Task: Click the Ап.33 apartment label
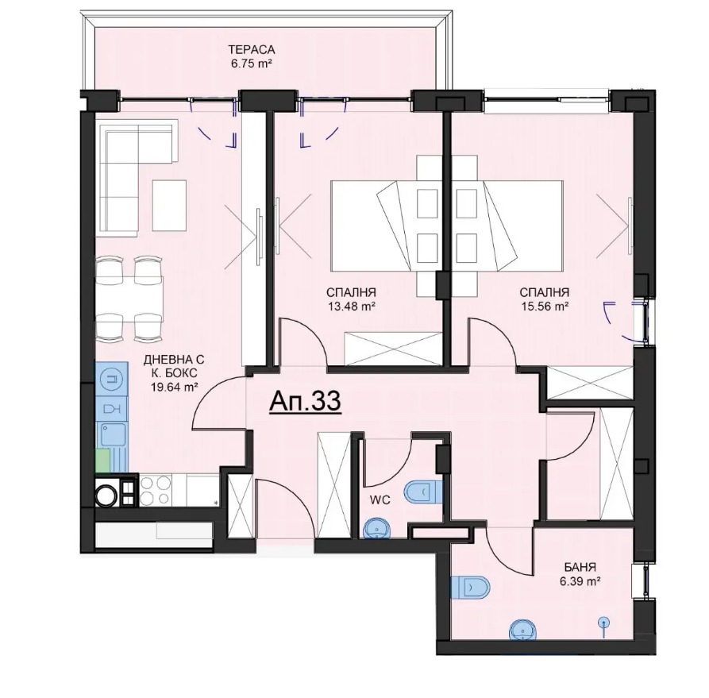coord(305,401)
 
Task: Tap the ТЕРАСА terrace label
coord(252,49)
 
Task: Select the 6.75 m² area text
coord(252,64)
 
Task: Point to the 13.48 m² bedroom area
coord(353,307)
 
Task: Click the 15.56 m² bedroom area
coord(545,307)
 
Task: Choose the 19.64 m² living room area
coord(174,386)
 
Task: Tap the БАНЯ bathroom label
coord(580,567)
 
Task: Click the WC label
coord(380,500)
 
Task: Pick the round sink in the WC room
coord(378,528)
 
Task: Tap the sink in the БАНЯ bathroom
coord(525,631)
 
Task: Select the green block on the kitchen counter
coord(102,461)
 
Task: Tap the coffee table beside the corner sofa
coord(170,206)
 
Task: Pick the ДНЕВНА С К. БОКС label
coord(174,366)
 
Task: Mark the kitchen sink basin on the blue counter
coord(113,435)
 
